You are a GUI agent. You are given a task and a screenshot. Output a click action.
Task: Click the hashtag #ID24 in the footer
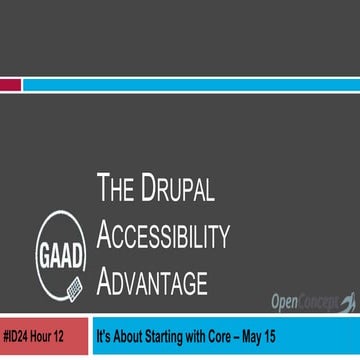pos(20,340)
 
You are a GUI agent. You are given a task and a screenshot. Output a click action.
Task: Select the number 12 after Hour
pos(72,340)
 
